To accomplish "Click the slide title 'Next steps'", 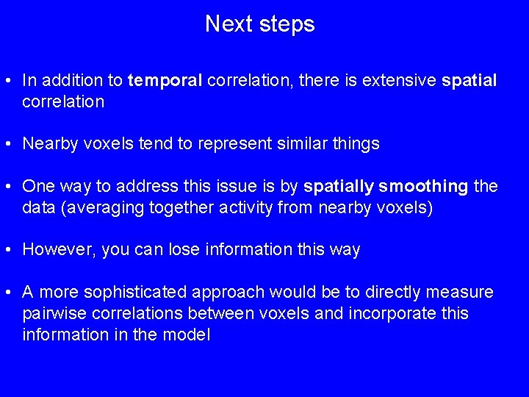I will [259, 24].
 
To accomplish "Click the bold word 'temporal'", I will [165, 80].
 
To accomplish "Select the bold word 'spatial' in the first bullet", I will [469, 80].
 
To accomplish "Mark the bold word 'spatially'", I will [336, 187].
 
